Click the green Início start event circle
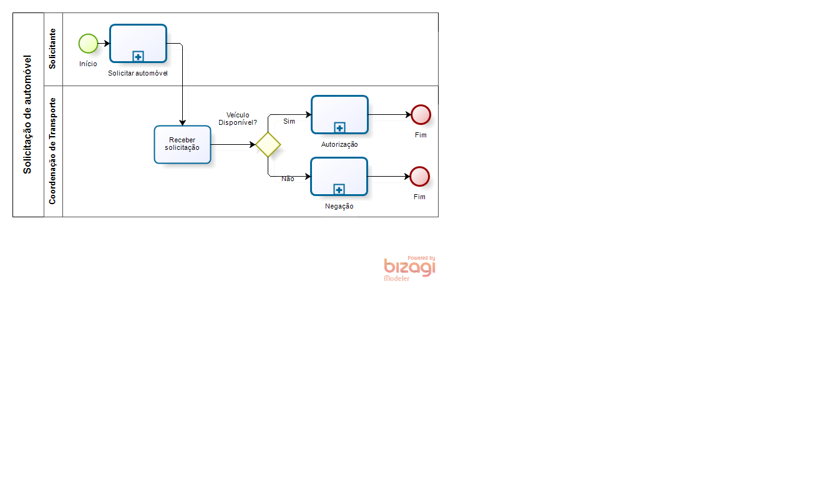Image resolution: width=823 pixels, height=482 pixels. click(88, 43)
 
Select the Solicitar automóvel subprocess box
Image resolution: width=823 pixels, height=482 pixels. click(138, 43)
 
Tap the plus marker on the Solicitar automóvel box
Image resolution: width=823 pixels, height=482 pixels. click(138, 57)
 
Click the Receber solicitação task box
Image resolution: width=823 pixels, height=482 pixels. click(182, 144)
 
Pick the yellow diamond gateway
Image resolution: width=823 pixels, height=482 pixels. click(268, 144)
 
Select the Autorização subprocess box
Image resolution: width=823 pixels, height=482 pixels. click(339, 115)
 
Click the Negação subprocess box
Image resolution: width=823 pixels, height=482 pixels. click(339, 177)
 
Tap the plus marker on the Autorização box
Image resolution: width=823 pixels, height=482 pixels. click(339, 127)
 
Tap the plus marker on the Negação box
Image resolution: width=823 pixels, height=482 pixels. click(339, 189)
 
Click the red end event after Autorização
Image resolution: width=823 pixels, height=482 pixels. click(421, 115)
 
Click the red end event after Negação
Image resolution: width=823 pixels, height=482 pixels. click(419, 177)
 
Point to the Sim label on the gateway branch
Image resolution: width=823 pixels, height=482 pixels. click(289, 121)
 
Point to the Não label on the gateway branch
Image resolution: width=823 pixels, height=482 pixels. click(288, 179)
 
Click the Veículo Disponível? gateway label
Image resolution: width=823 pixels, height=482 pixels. click(238, 119)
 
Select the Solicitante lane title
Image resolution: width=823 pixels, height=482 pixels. click(52, 49)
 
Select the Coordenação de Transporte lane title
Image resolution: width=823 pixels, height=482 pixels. click(52, 151)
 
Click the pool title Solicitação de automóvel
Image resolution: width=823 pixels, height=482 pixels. click(27, 114)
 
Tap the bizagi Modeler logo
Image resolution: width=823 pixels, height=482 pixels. click(410, 268)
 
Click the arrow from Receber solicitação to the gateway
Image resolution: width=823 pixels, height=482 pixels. click(233, 144)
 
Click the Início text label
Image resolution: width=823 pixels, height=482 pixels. click(88, 64)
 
